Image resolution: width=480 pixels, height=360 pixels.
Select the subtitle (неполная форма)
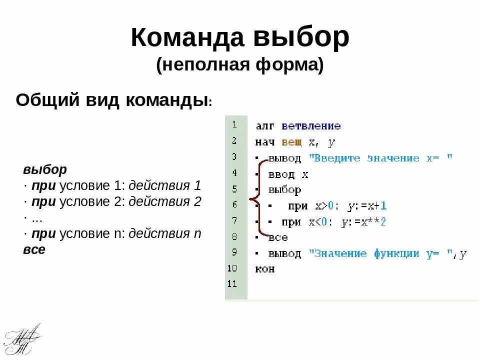[x=240, y=65]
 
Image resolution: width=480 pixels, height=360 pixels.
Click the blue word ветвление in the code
[x=310, y=126]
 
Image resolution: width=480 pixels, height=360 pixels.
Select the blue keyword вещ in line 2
[x=291, y=142]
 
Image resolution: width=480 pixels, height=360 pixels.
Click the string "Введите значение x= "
[x=380, y=158]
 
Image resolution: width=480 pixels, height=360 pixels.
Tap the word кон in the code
[x=265, y=269]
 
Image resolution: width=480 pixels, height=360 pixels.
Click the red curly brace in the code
[x=255, y=200]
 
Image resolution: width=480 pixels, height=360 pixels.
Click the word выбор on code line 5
[x=284, y=190]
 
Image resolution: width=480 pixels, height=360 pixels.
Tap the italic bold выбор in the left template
[x=45, y=169]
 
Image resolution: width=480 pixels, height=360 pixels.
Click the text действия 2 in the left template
[x=164, y=201]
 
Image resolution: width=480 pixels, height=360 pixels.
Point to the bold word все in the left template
[x=34, y=249]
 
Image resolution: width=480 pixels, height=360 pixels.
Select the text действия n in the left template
[x=165, y=233]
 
